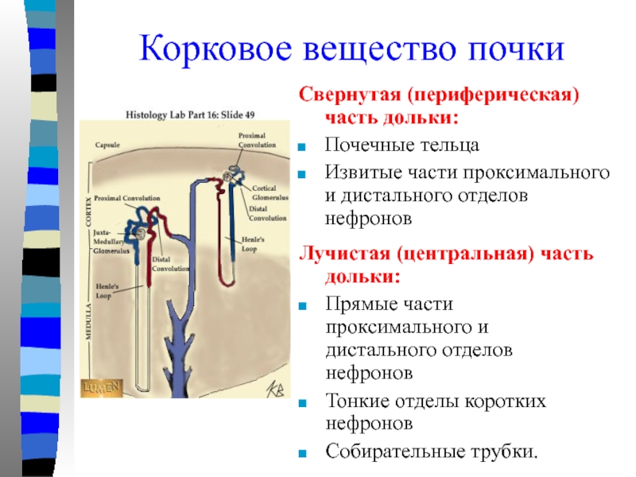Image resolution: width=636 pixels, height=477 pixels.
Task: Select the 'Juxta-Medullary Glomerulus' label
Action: (109, 238)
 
